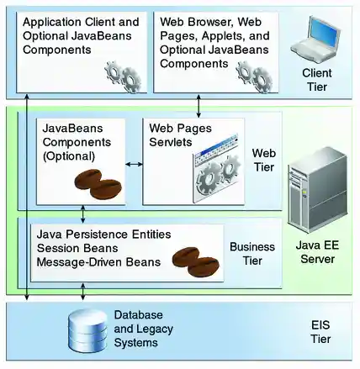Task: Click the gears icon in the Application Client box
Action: pyautogui.click(x=121, y=76)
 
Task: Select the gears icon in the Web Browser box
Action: pyautogui.click(x=251, y=76)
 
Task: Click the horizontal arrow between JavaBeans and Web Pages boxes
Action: pyautogui.click(x=134, y=163)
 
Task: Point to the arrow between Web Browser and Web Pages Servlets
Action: pyautogui.click(x=199, y=105)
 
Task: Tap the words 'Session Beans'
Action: pyautogui.click(x=75, y=247)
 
